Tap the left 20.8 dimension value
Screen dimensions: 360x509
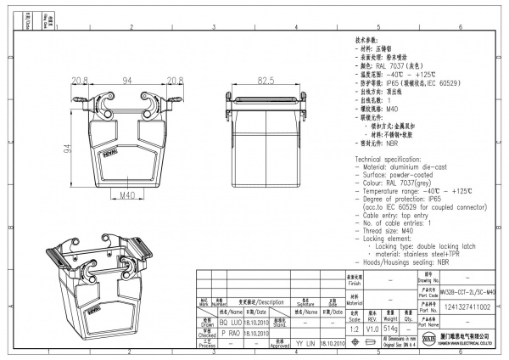pyautogui.click(x=81, y=80)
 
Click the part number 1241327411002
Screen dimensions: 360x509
pyautogui.click(x=467, y=307)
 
